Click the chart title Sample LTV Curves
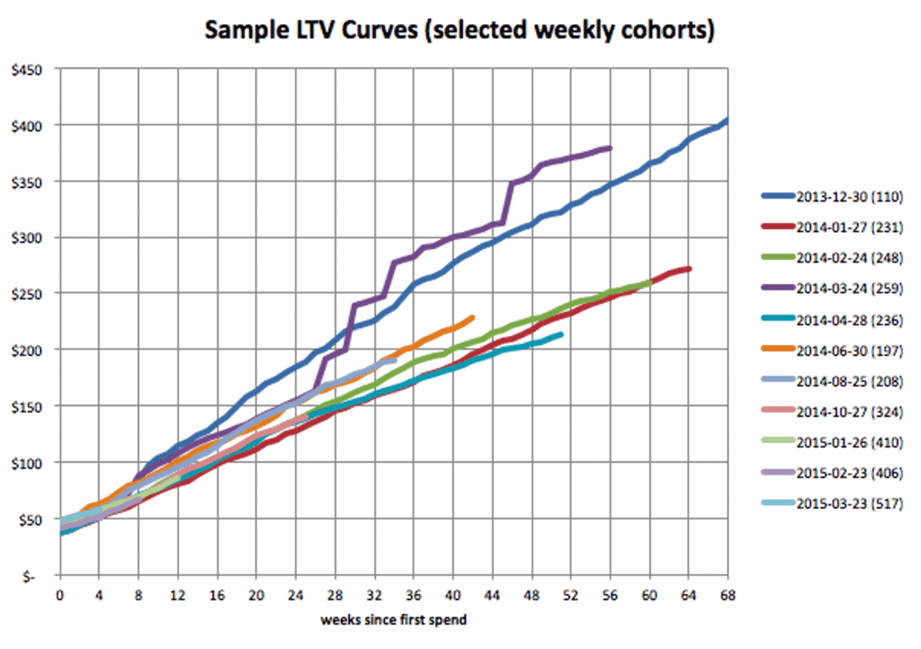pyautogui.click(x=460, y=30)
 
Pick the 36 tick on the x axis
pyautogui.click(x=413, y=593)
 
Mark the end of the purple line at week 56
pyautogui.click(x=610, y=148)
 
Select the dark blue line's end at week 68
pyautogui.click(x=726, y=120)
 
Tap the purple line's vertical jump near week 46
pyautogui.click(x=509, y=202)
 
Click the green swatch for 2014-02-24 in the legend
pyautogui.click(x=774, y=257)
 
